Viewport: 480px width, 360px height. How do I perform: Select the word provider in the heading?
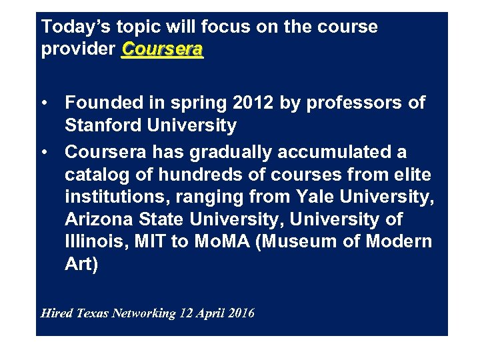pyautogui.click(x=78, y=51)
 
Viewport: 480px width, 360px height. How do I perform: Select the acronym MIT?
pyautogui.click(x=145, y=242)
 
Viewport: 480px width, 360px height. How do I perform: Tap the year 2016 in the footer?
pyautogui.click(x=242, y=313)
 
